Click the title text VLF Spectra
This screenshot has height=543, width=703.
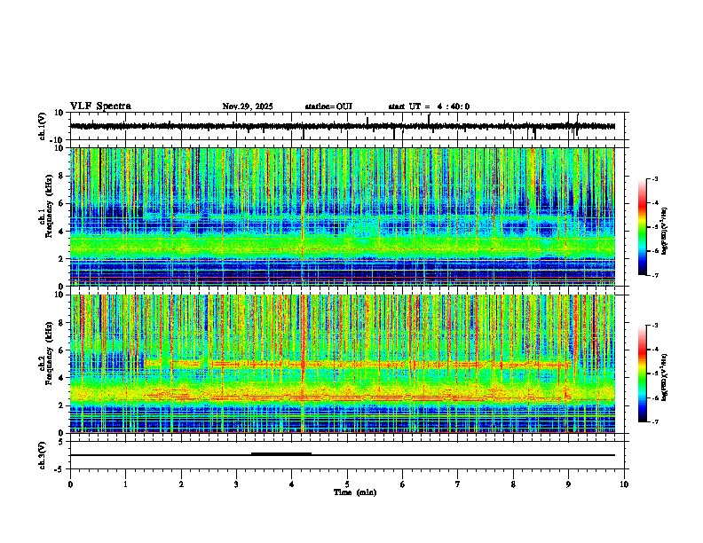100,106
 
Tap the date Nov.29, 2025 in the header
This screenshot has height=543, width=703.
248,106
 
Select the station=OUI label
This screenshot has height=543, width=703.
328,106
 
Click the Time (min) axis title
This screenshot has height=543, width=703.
354,492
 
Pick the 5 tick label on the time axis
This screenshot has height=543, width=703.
347,484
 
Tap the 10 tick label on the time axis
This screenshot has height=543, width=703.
624,484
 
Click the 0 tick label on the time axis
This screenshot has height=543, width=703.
70,484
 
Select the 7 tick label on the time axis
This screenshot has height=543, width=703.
458,484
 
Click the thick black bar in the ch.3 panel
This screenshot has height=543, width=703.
280,453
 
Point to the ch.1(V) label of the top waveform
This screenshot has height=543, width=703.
43,126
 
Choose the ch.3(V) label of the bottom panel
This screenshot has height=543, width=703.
43,454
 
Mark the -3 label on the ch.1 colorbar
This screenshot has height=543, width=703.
654,179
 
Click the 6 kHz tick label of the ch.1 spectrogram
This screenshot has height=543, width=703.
61,204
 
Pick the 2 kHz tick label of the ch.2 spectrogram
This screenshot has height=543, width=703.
61,405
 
